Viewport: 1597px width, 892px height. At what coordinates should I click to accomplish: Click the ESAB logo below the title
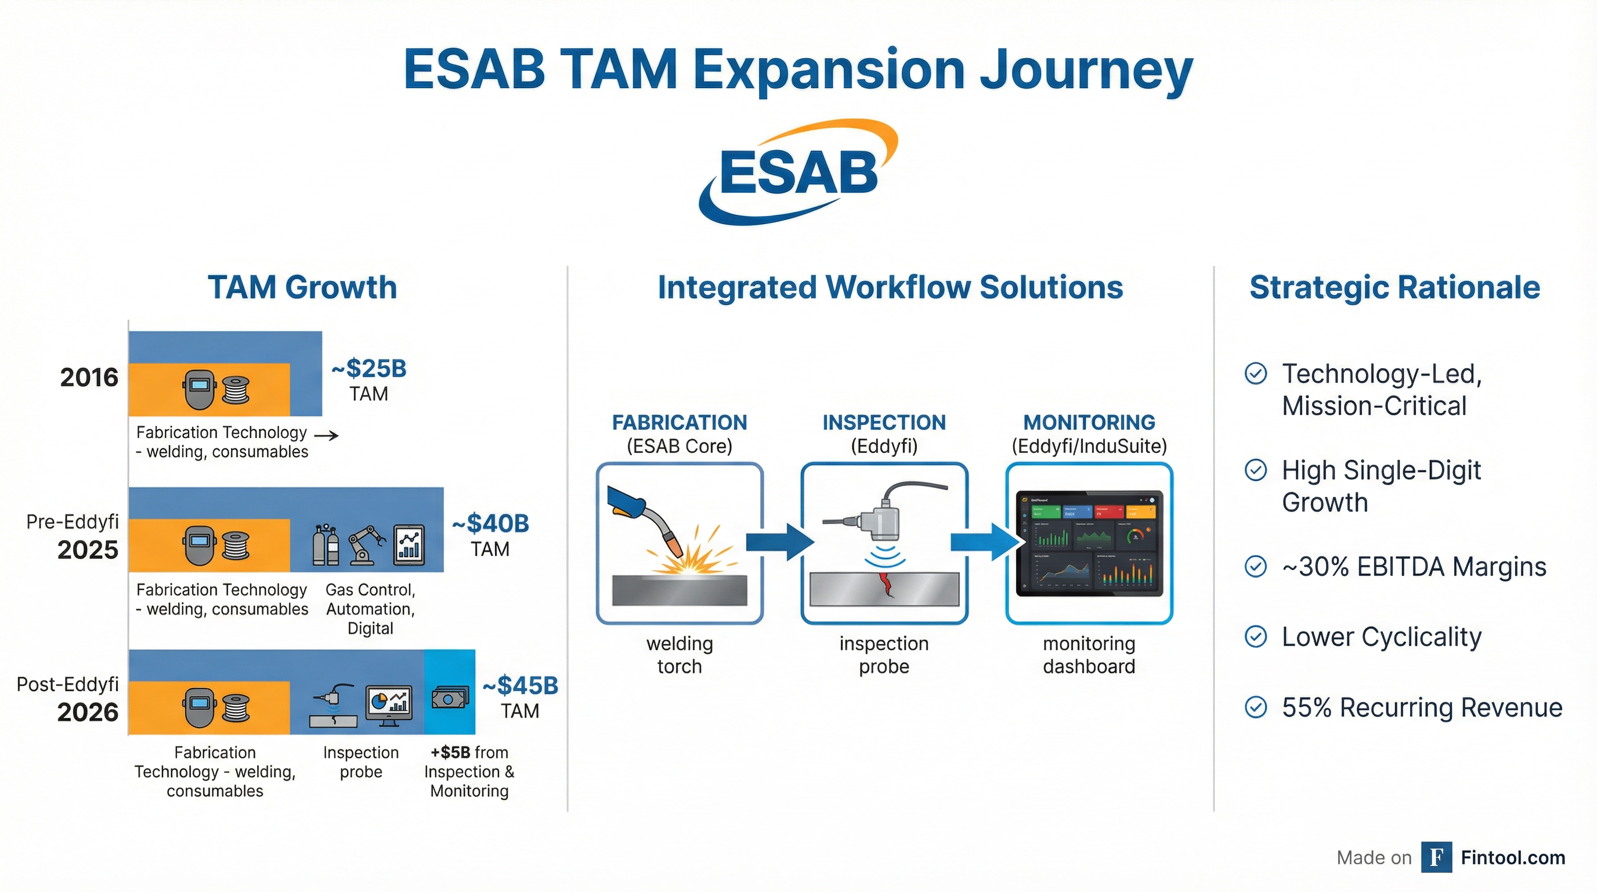(798, 172)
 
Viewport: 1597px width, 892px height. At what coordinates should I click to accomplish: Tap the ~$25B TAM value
(370, 368)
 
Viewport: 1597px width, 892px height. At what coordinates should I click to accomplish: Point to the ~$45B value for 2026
(521, 685)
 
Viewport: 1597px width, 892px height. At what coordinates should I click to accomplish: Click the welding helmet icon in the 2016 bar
(198, 390)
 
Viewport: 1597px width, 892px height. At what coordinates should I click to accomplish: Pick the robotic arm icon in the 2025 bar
(366, 545)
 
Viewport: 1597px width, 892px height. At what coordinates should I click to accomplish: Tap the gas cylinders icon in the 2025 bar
(326, 545)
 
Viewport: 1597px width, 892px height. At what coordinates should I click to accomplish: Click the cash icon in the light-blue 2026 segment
(450, 699)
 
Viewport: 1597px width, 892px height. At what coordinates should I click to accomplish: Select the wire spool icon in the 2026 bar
(236, 708)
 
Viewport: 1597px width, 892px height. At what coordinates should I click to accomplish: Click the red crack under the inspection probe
(887, 584)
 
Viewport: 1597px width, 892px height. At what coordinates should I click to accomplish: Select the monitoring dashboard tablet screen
(1089, 544)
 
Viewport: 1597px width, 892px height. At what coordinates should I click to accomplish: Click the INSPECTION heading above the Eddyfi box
(884, 422)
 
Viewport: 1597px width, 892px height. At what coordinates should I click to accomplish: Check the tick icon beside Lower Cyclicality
(1256, 637)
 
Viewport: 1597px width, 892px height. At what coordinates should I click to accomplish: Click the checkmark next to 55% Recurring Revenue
(1256, 707)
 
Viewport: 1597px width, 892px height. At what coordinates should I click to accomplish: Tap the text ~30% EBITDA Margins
(1414, 567)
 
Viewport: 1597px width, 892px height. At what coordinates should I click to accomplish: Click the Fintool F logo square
(1436, 857)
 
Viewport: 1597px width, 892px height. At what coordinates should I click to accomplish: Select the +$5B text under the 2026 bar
(451, 753)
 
